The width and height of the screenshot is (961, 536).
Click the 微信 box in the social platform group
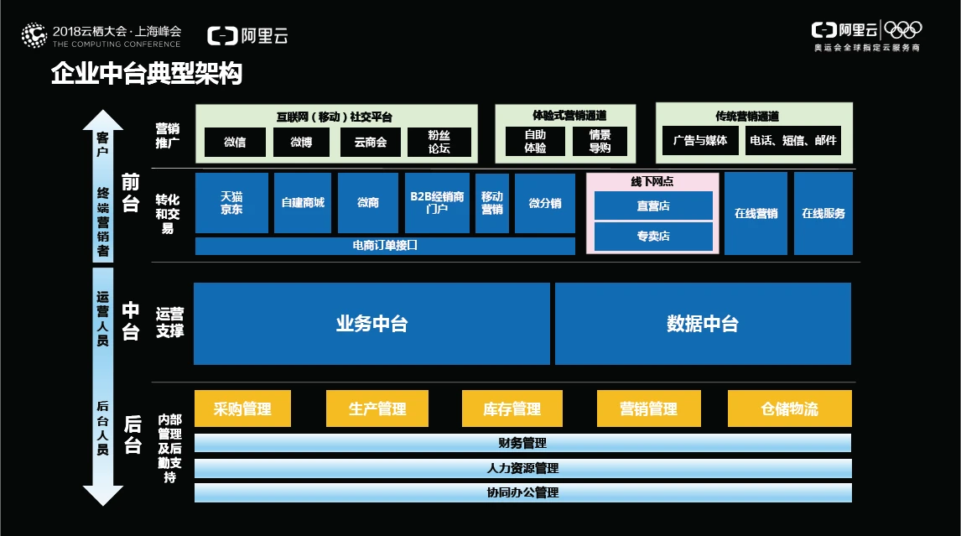point(235,142)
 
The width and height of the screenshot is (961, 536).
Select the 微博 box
point(301,142)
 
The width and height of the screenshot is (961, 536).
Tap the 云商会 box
point(370,142)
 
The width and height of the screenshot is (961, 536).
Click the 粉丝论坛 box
point(439,142)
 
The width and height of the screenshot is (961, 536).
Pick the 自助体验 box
point(535,142)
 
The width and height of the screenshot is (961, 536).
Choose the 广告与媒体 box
point(700,140)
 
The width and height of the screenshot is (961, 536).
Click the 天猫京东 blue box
point(231,203)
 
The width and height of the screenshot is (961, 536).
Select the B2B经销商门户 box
point(437,203)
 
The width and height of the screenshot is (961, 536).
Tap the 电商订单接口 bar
point(385,246)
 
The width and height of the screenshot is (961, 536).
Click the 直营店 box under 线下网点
point(653,206)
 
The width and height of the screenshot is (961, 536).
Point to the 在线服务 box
point(823,213)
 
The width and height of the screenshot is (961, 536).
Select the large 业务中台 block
point(371,324)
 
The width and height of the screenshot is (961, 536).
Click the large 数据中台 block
point(703,324)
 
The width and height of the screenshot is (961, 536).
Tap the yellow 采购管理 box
point(242,409)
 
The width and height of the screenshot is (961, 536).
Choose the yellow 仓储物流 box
point(789,409)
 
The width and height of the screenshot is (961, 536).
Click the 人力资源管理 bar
point(522,468)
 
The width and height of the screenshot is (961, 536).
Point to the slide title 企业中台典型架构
point(147,74)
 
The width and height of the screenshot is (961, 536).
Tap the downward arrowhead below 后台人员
point(103,496)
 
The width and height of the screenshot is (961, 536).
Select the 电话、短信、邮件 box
point(792,140)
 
